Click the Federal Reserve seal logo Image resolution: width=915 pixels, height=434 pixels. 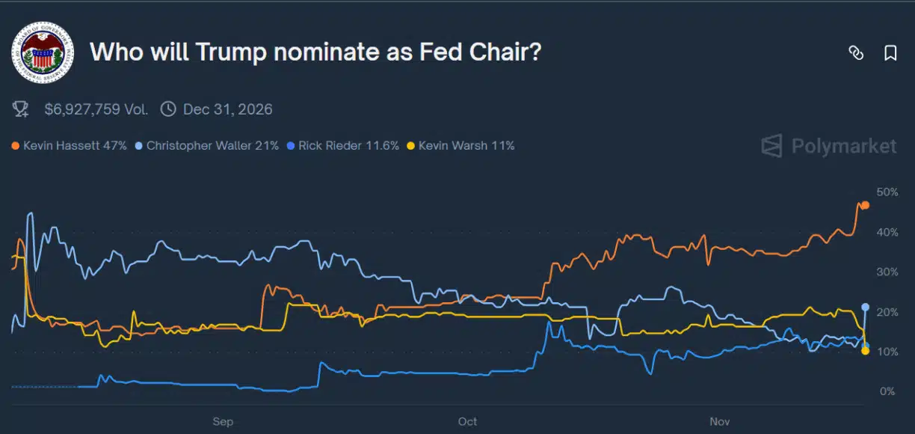(43, 52)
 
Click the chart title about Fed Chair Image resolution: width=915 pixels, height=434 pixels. (315, 52)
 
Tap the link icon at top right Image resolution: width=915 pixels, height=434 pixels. (856, 52)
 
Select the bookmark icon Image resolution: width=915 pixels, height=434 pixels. (890, 52)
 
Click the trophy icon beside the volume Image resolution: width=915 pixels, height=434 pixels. (21, 110)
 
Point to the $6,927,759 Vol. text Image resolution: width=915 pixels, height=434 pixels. (96, 110)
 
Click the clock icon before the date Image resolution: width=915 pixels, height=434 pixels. (169, 110)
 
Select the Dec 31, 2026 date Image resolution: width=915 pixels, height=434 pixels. (227, 110)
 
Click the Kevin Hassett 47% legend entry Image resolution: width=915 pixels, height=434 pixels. (70, 145)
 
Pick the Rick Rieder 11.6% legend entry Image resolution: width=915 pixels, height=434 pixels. (342, 145)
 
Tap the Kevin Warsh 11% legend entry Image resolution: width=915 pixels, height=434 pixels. (460, 145)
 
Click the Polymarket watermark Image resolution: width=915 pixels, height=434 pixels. (829, 146)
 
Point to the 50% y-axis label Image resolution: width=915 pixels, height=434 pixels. (887, 192)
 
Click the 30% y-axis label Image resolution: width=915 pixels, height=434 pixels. (887, 272)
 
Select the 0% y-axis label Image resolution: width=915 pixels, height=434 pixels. (887, 391)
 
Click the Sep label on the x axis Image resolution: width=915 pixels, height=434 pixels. (223, 422)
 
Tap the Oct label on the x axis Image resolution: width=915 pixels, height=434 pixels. (467, 422)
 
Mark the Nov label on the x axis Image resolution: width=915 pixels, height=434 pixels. (719, 422)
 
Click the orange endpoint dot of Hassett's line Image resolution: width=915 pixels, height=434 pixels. (865, 205)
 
